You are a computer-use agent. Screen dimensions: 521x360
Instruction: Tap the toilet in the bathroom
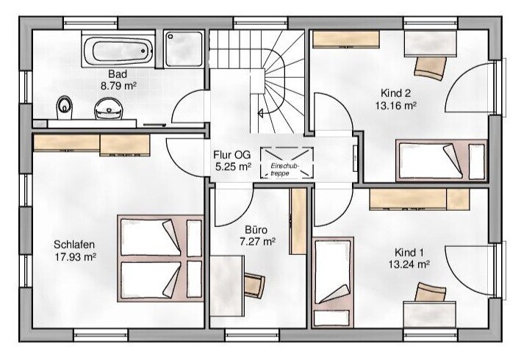tap(64, 107)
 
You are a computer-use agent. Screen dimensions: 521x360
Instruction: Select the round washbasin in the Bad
tap(109, 108)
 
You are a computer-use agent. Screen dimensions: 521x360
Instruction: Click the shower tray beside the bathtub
tap(184, 48)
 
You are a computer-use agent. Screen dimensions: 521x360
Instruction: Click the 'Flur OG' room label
tap(232, 155)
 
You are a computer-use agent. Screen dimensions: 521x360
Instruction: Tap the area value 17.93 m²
tap(76, 256)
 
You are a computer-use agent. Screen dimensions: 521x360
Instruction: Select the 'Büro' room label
tap(256, 230)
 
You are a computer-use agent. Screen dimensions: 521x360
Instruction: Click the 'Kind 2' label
tap(396, 93)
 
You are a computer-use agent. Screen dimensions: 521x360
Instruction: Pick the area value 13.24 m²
tap(409, 264)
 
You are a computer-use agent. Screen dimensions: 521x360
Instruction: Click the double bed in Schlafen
tap(160, 259)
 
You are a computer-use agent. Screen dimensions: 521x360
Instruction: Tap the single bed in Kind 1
tap(333, 283)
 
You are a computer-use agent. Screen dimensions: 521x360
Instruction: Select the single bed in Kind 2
tap(441, 161)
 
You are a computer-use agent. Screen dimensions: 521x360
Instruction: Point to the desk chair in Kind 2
tap(431, 68)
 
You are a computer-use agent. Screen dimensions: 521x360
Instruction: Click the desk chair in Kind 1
tap(431, 292)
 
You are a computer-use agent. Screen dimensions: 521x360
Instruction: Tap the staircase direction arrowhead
tap(260, 113)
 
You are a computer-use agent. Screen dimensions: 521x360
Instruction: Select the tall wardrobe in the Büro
tap(298, 222)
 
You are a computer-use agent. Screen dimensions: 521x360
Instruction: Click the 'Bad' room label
tap(118, 73)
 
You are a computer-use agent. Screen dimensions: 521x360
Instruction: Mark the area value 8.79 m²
tap(118, 86)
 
